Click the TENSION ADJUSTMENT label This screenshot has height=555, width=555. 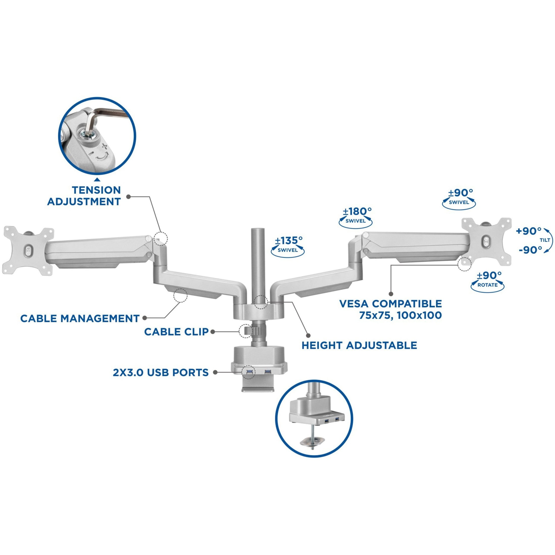coord(84,196)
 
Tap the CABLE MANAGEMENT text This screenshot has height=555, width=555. coord(80,318)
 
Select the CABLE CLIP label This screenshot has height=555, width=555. coord(176,331)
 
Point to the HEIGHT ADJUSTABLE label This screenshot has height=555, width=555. coord(359,345)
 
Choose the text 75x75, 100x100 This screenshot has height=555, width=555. coord(400,315)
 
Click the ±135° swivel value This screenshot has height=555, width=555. coord(289,240)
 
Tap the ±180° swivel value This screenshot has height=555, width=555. coord(357,211)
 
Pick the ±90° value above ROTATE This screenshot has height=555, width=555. coord(489,275)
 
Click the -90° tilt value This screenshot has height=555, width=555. coord(530,250)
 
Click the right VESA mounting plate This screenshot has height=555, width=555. coord(486,242)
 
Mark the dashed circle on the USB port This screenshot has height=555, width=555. coord(249,372)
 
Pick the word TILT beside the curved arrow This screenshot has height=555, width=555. coord(545,240)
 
